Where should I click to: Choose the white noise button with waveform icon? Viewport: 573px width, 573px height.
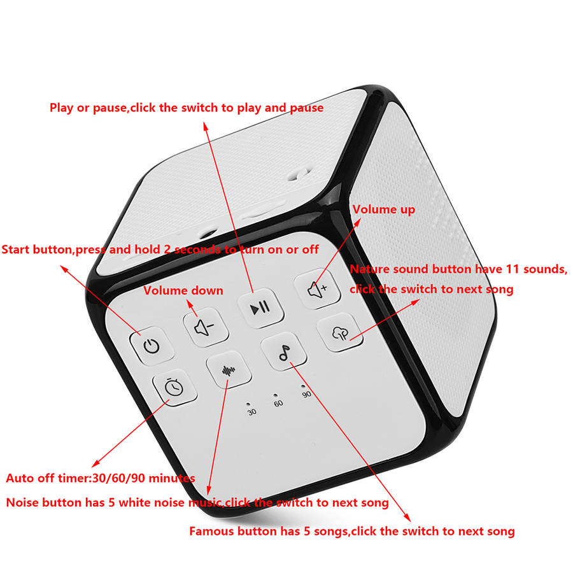click(x=228, y=371)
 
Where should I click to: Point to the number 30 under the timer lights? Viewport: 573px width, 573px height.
click(x=252, y=413)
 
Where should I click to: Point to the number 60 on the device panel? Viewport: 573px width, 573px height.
click(x=278, y=404)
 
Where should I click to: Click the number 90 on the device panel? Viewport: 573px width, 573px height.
click(x=306, y=395)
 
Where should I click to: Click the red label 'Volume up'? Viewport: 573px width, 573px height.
click(x=383, y=209)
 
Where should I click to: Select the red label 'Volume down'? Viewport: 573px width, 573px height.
click(x=183, y=291)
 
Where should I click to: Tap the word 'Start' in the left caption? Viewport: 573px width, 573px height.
click(x=17, y=249)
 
